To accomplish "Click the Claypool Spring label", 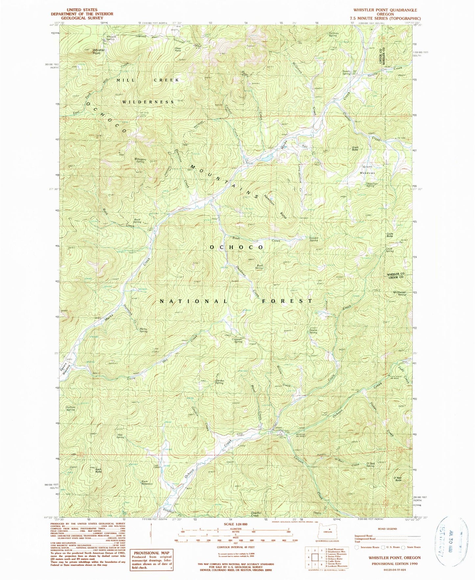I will (238, 340).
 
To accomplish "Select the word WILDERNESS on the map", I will (148, 102).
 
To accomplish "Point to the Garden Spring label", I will (219, 382).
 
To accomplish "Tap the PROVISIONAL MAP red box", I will (152, 560).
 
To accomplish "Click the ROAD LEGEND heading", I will (388, 529).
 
